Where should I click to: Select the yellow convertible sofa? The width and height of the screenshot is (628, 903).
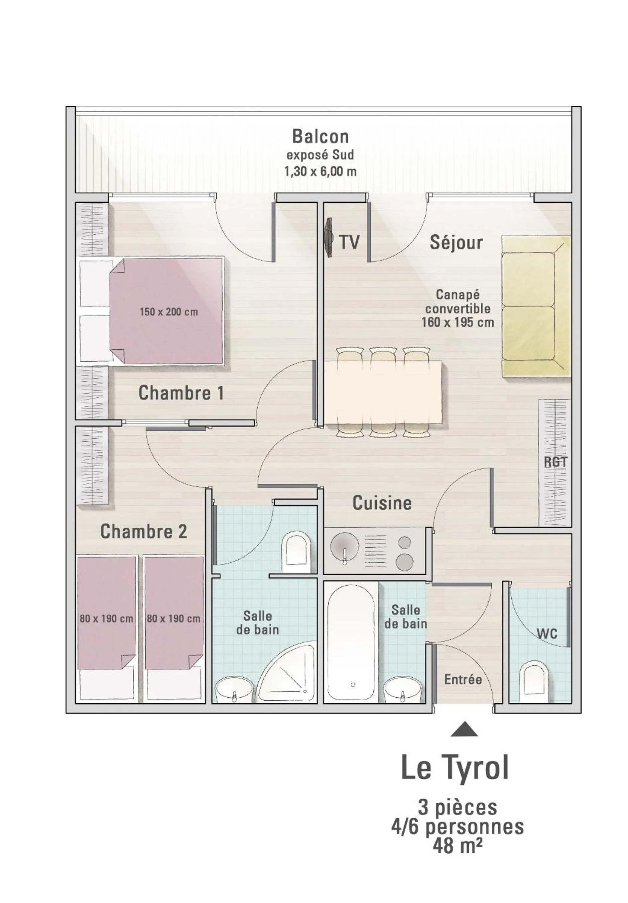(536, 307)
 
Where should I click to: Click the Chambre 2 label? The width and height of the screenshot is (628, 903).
(144, 532)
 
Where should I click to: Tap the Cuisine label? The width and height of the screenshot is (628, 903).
(382, 503)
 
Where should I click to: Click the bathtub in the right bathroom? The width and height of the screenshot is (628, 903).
(352, 642)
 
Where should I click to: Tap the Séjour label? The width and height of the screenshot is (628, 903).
(456, 242)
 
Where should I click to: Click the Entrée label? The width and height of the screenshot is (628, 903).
(463, 680)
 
